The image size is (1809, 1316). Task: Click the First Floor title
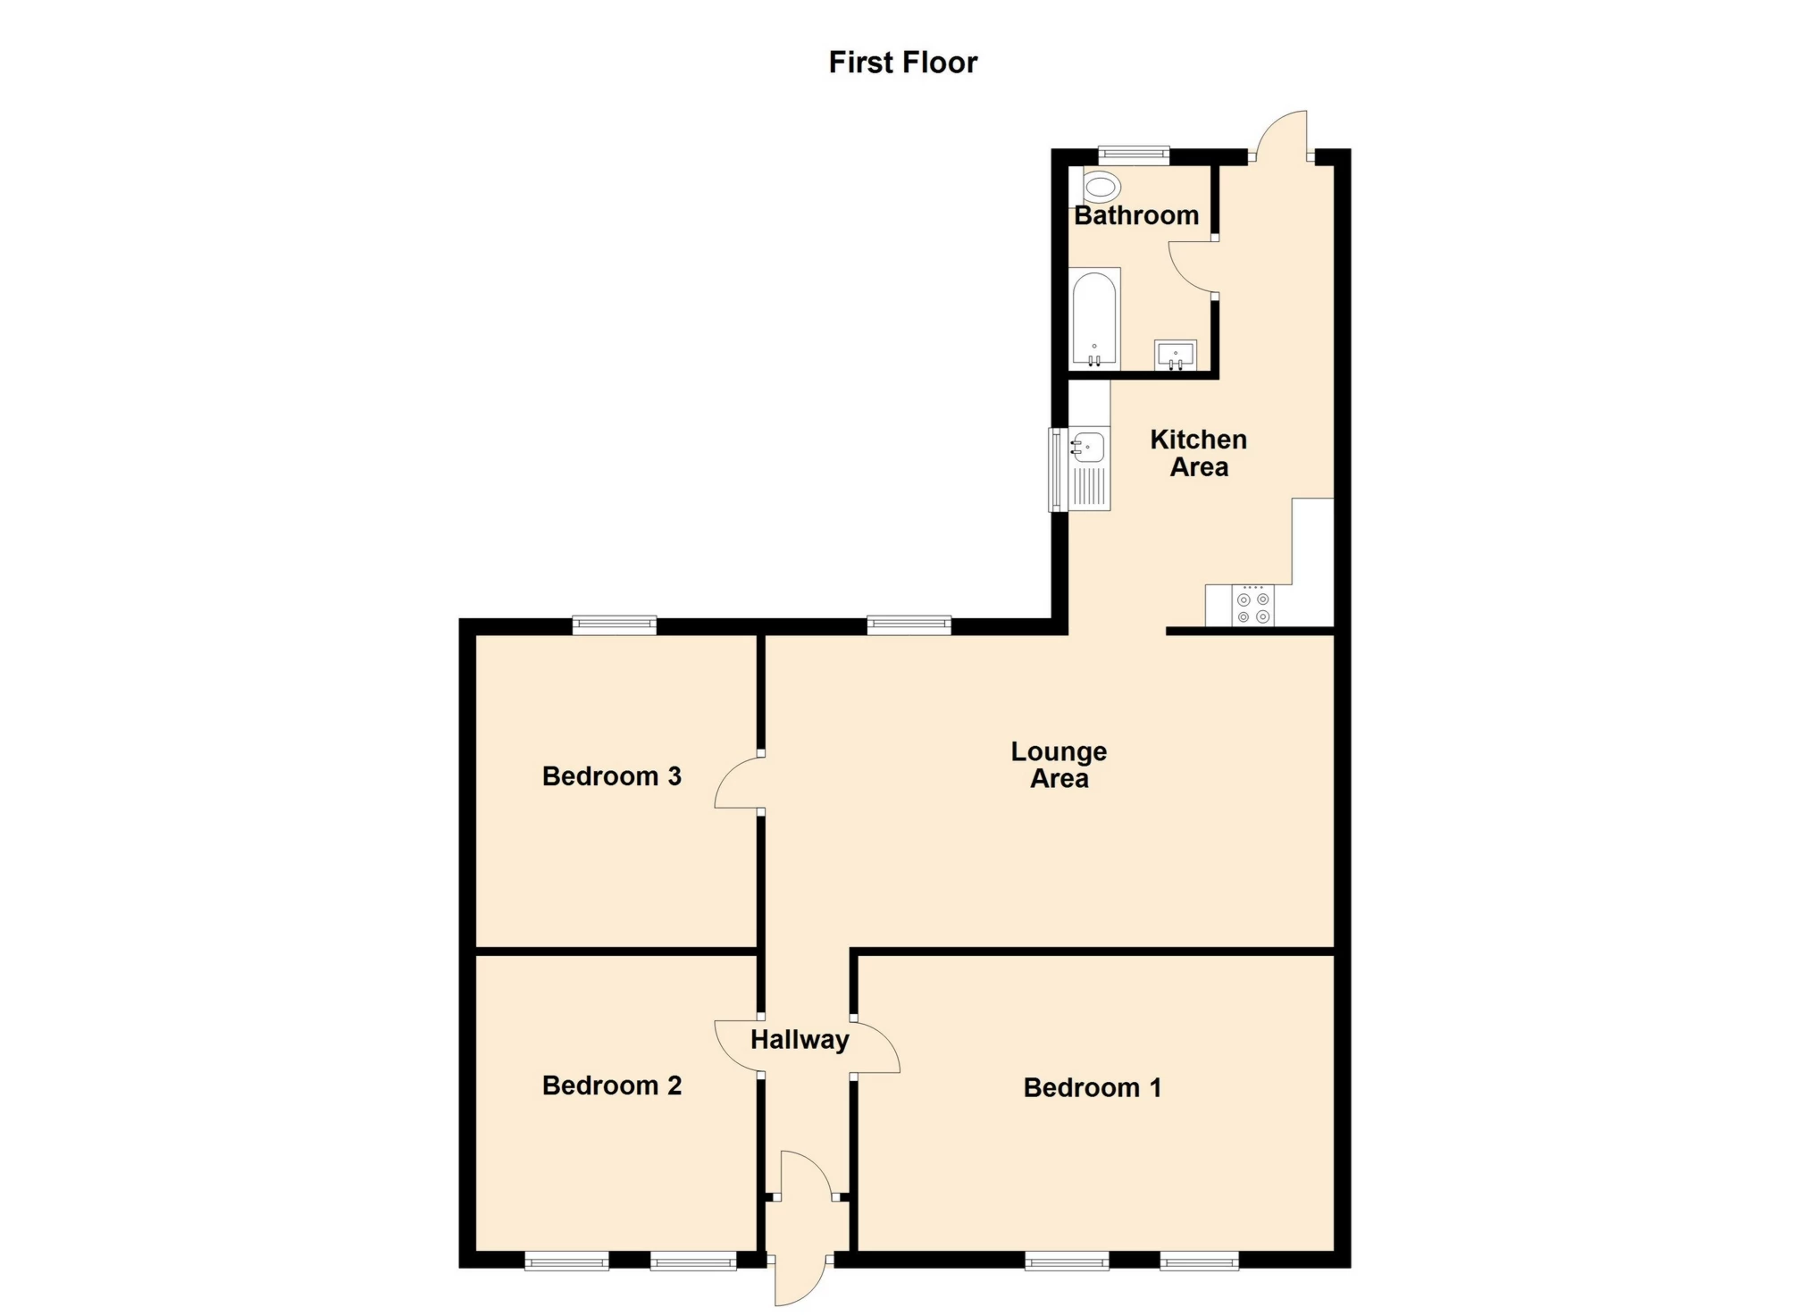903,63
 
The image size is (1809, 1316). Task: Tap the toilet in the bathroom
1101,188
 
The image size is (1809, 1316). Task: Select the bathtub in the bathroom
1093,319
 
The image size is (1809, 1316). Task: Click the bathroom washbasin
1176,355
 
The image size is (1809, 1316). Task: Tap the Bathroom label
1136,215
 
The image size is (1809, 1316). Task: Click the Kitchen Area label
1199,453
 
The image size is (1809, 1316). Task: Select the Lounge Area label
1059,765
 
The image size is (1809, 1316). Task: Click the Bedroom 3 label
612,776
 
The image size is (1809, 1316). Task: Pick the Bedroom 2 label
612,1085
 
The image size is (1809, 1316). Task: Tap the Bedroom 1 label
1093,1087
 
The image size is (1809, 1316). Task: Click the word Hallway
800,1040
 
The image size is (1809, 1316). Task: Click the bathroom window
1134,155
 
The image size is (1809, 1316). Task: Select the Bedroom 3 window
615,624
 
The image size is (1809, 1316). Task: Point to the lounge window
909,624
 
